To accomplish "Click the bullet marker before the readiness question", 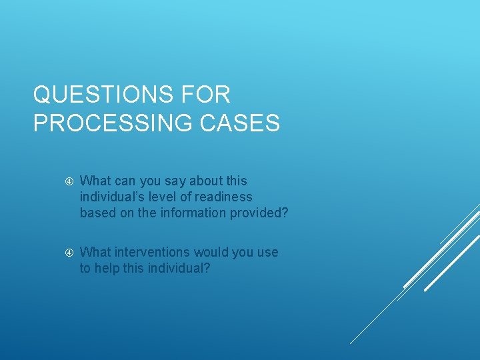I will [x=69, y=181].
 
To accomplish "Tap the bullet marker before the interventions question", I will [x=69, y=253].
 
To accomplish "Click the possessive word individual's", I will [x=109, y=197].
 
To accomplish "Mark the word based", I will [x=97, y=213].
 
